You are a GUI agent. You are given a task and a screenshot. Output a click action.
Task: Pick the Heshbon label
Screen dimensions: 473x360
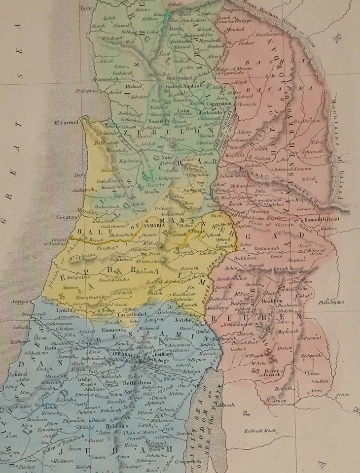[285, 300]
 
